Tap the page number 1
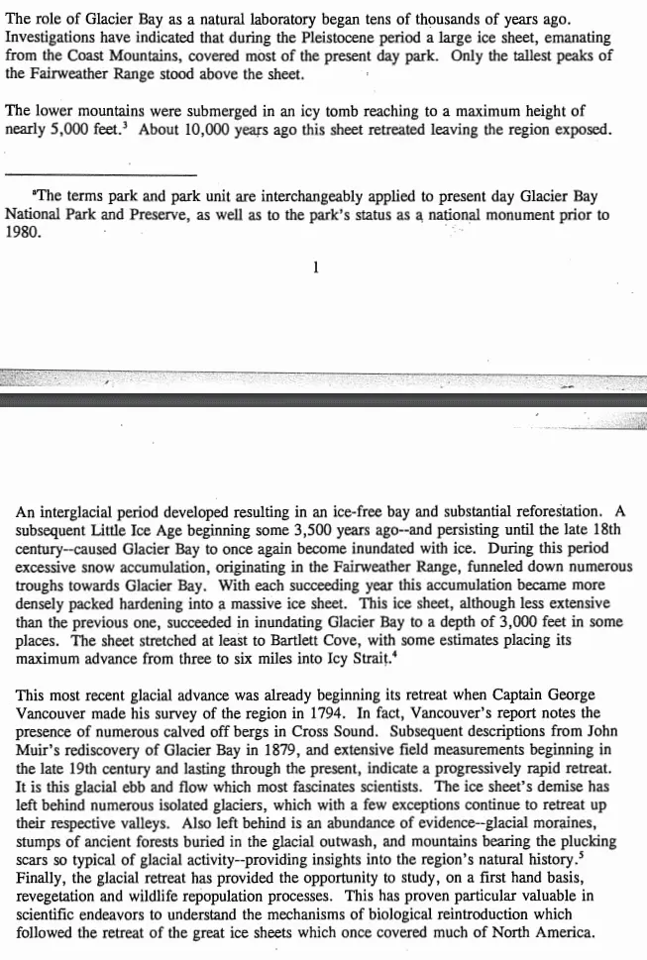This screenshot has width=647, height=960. pyautogui.click(x=315, y=266)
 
